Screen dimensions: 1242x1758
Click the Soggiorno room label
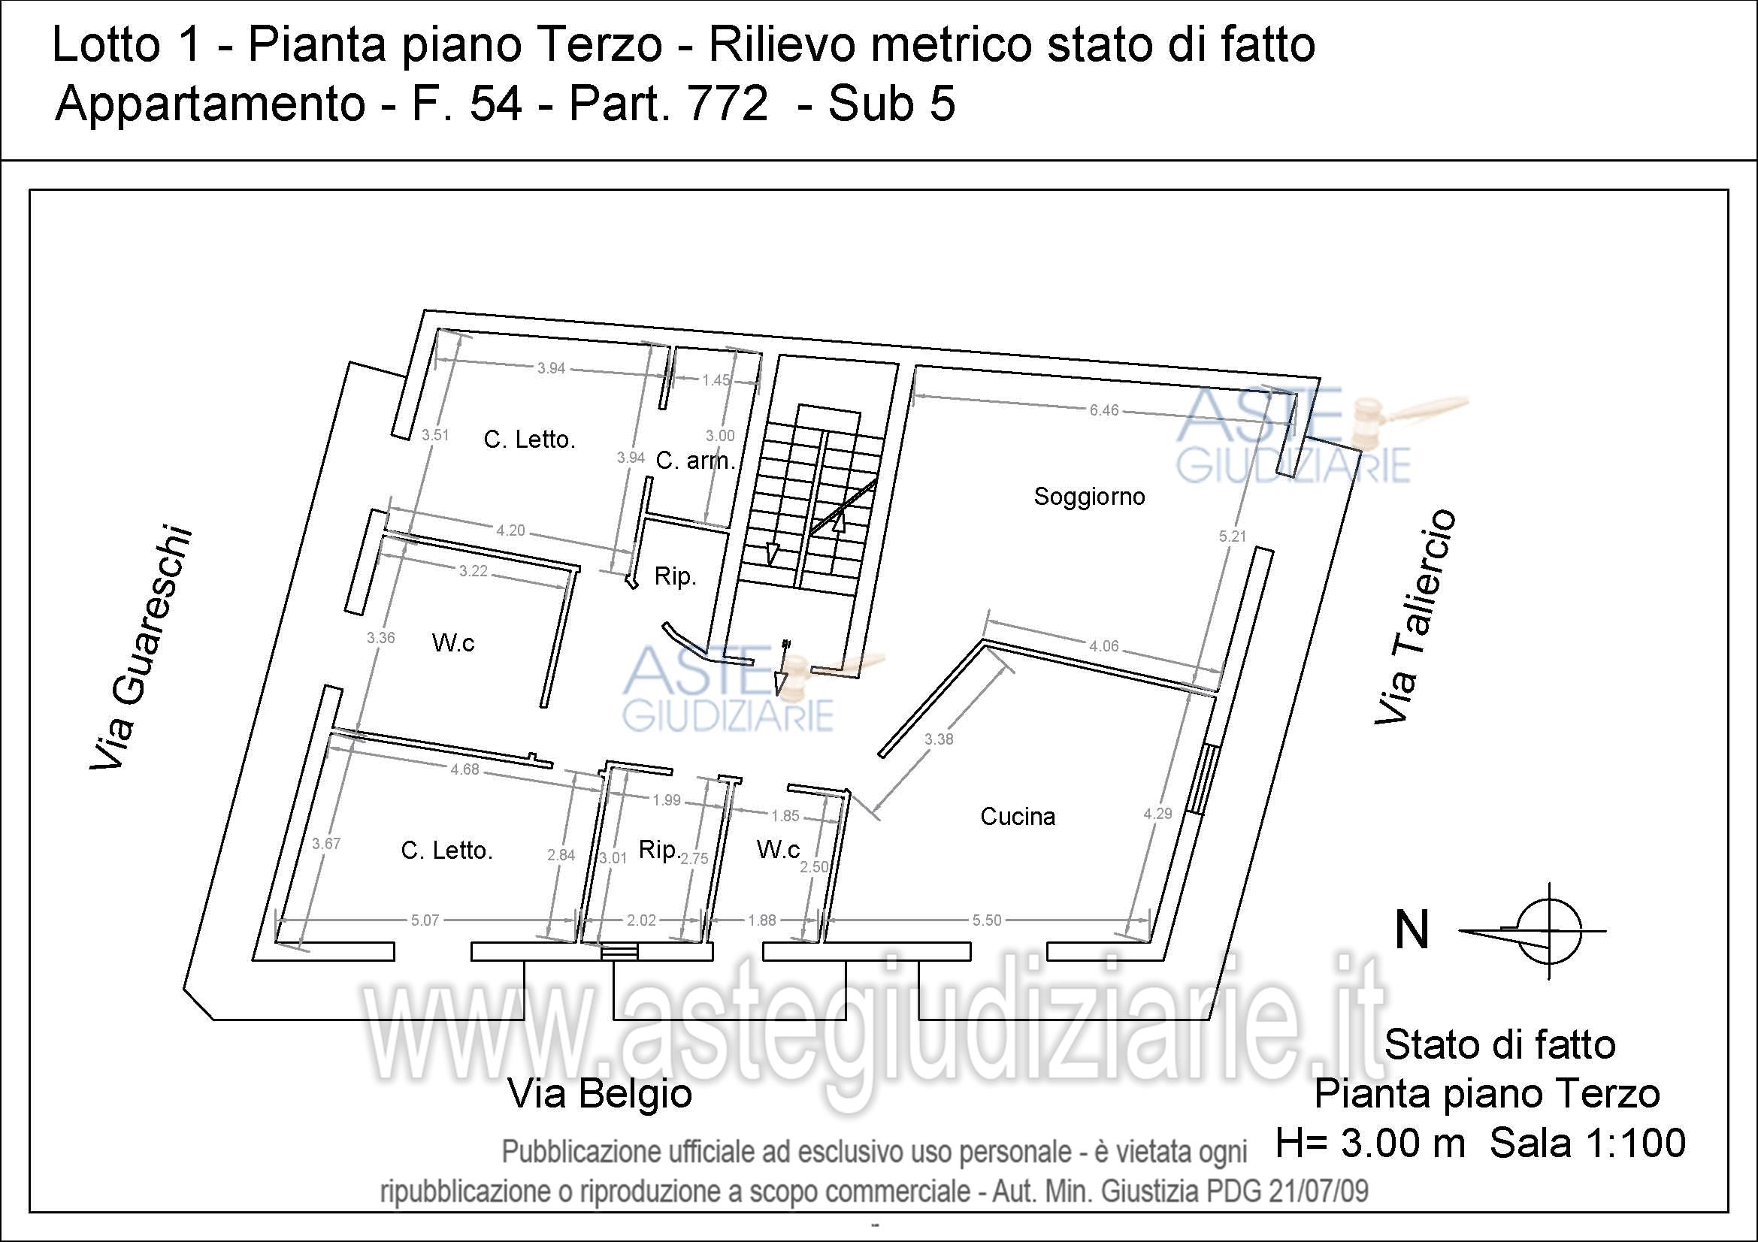(1089, 497)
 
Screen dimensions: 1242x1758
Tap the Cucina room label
(1018, 817)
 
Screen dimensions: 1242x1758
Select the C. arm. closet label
(695, 461)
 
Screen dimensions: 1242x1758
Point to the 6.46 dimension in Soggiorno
(1103, 410)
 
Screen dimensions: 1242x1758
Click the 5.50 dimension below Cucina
(986, 920)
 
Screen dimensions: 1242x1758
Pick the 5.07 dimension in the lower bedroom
(425, 920)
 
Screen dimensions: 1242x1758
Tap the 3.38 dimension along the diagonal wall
(938, 739)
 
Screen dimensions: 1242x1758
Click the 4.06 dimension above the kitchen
(1103, 646)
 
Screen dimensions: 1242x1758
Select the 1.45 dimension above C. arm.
(716, 380)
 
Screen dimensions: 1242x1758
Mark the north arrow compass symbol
(1549, 930)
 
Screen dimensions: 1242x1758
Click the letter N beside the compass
(1412, 930)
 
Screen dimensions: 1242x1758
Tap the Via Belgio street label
(601, 1093)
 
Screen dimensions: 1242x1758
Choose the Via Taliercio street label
(1415, 616)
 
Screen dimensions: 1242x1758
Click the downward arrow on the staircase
(772, 552)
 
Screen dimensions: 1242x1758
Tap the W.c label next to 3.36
(452, 643)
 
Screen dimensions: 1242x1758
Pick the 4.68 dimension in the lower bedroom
(464, 769)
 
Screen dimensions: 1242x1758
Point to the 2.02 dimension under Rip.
(641, 920)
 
